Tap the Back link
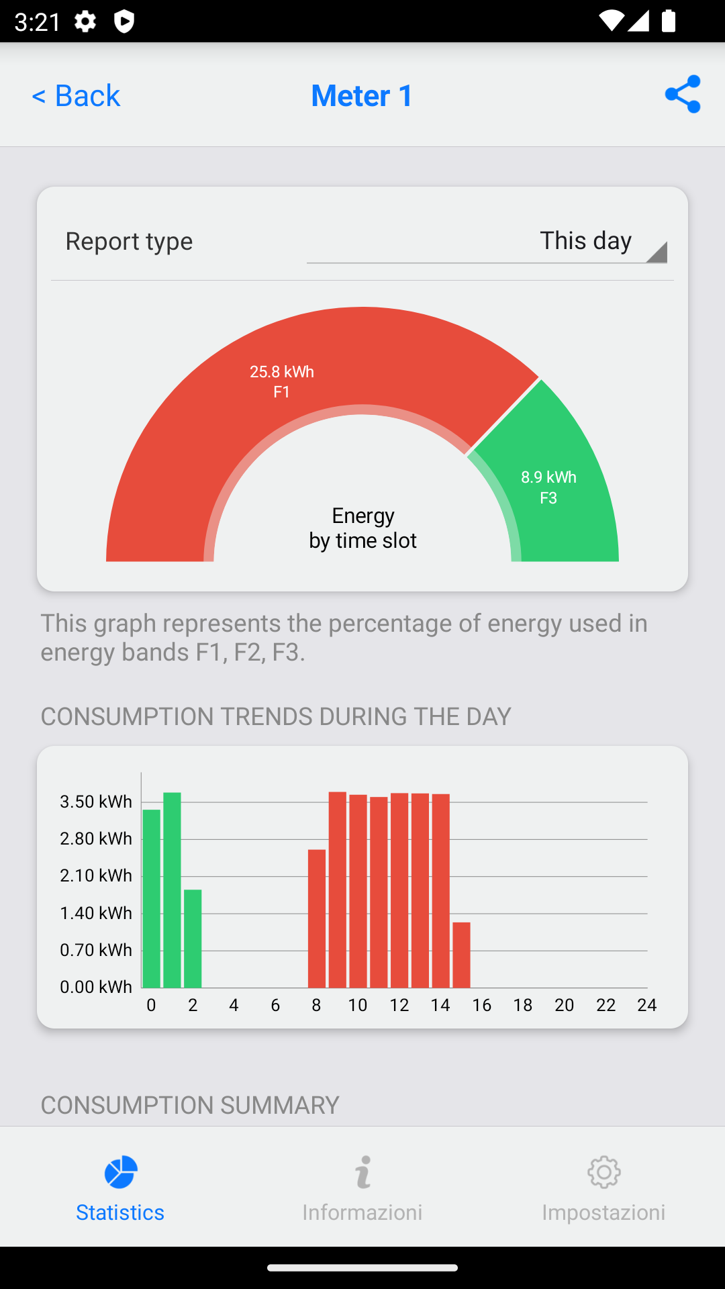(76, 95)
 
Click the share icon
(683, 94)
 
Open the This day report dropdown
(487, 241)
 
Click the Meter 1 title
(362, 95)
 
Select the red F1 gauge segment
(201, 403)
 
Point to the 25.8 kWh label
(282, 371)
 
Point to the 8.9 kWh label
(548, 477)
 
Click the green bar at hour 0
(152, 898)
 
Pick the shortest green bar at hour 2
(193, 939)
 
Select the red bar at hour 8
(317, 918)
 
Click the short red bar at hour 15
(461, 955)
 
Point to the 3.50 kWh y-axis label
(96, 802)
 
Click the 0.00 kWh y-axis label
(96, 987)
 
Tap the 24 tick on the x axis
(647, 1005)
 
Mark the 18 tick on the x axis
(523, 1005)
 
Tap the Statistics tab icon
(121, 1172)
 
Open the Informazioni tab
(362, 1188)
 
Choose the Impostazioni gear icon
(604, 1172)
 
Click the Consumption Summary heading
(190, 1105)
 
